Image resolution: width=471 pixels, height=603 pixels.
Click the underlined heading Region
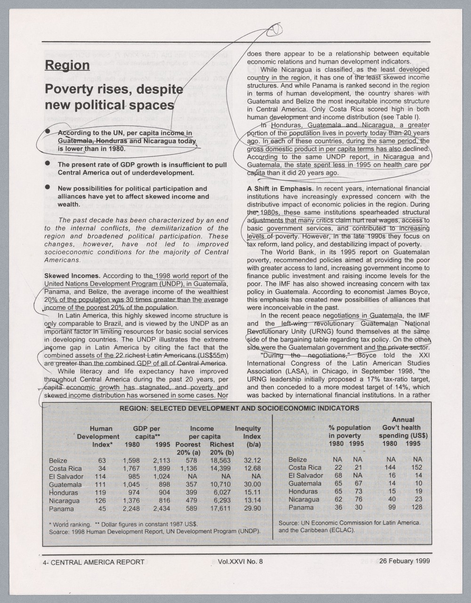67,65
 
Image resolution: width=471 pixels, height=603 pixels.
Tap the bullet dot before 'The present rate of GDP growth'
47,163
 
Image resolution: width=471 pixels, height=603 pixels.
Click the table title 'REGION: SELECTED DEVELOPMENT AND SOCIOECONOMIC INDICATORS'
239,408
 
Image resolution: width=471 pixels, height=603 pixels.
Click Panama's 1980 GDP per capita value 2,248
131,509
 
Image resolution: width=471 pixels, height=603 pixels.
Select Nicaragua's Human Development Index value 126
99,501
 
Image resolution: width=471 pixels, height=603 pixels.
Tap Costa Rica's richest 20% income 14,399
220,469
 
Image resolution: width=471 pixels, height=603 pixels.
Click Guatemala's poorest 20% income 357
190,485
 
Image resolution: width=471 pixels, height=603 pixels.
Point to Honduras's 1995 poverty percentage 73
357,491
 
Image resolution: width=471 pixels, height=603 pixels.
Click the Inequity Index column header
247,436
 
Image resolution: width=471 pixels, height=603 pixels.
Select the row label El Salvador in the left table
66,477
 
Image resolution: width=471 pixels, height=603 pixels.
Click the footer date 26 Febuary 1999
404,561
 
